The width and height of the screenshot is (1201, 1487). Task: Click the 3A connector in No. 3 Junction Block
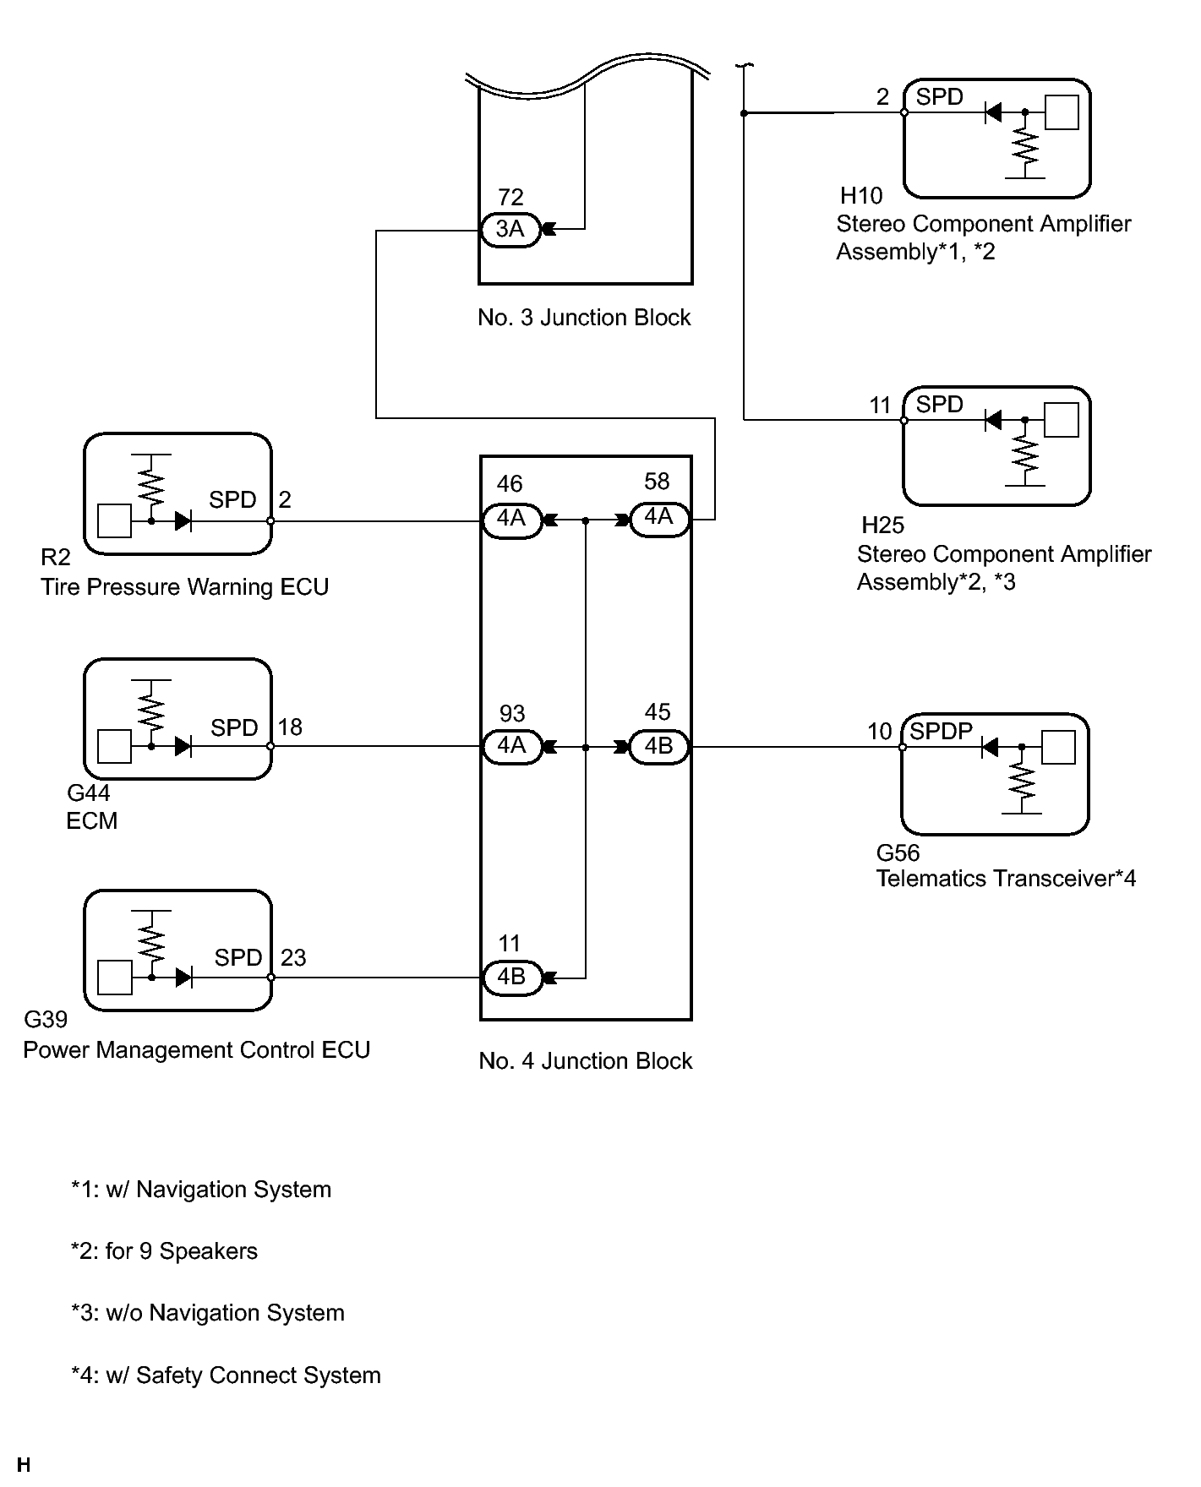click(x=510, y=229)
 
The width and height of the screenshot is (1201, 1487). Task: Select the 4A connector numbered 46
click(x=511, y=519)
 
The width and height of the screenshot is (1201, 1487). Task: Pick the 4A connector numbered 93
click(x=511, y=747)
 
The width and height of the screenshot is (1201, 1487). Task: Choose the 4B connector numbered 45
click(x=658, y=747)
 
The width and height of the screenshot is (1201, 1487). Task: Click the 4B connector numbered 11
click(x=511, y=978)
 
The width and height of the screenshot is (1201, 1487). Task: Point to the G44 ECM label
click(x=91, y=807)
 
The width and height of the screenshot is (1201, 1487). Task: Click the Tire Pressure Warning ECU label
click(x=184, y=587)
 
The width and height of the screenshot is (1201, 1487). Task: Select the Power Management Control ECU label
click(x=196, y=1050)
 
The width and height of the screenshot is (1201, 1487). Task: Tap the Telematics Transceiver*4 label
click(x=1006, y=879)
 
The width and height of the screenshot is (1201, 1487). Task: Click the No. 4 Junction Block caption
click(x=585, y=1061)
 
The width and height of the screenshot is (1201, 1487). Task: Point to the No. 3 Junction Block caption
click(x=584, y=318)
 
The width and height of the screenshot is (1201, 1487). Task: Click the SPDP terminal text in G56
click(x=941, y=731)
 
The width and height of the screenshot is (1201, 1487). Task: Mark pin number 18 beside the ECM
click(x=290, y=727)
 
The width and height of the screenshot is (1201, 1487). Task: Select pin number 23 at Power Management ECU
click(x=293, y=958)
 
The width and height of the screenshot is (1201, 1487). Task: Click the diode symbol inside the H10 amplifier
click(x=994, y=112)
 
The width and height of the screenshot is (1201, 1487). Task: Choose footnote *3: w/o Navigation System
click(x=208, y=1313)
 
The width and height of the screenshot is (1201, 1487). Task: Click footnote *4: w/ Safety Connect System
click(x=226, y=1375)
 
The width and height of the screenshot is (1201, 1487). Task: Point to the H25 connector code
click(x=883, y=526)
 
